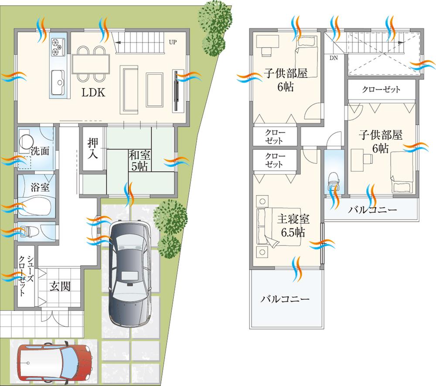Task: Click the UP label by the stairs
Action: coord(172,42)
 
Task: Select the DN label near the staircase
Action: coord(333,58)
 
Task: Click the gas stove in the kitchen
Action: coord(58,47)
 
